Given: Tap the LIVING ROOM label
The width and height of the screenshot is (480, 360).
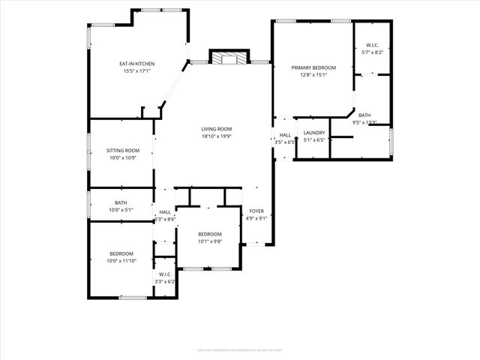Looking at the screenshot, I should pyautogui.click(x=216, y=129).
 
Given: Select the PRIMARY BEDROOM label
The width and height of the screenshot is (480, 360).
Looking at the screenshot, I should pyautogui.click(x=313, y=67).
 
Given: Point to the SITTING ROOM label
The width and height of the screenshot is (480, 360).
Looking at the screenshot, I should pyautogui.click(x=122, y=151).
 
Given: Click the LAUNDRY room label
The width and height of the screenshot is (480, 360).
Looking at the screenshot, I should pyautogui.click(x=313, y=133).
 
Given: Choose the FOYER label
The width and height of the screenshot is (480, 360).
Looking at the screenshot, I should pyautogui.click(x=256, y=211).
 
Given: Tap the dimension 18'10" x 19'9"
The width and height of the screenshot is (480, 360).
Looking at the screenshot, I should pyautogui.click(x=216, y=136).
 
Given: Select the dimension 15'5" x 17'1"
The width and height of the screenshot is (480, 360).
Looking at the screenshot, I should pyautogui.click(x=136, y=71).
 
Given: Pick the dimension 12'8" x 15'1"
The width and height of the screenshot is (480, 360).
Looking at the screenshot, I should pyautogui.click(x=313, y=75).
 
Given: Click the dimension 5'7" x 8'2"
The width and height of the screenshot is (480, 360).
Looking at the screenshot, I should pyautogui.click(x=372, y=52).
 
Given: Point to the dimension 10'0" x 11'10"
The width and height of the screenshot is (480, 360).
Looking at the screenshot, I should pyautogui.click(x=121, y=261).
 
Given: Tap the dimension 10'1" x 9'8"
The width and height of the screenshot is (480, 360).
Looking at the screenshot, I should pyautogui.click(x=210, y=241).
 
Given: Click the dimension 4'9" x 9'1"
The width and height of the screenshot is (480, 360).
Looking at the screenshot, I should pyautogui.click(x=257, y=219).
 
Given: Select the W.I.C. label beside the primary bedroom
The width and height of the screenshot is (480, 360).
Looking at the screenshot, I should pyautogui.click(x=372, y=45).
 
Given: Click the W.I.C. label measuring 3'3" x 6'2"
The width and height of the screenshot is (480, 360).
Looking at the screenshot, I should pyautogui.click(x=164, y=281).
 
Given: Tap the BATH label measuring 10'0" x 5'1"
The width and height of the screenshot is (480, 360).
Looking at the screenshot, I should pyautogui.click(x=121, y=202).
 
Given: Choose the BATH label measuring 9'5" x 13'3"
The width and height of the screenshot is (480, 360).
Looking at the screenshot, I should pyautogui.click(x=364, y=115).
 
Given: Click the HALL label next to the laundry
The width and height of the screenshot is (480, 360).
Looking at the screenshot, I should pyautogui.click(x=285, y=135).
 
